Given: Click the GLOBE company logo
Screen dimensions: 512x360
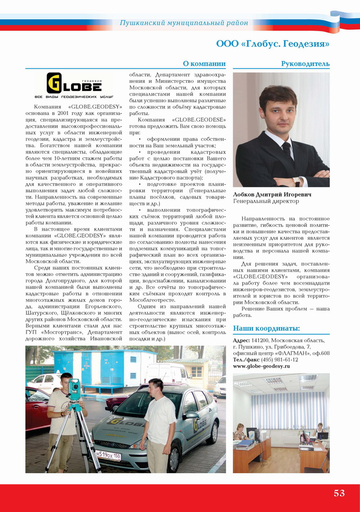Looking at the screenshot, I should point(75,86).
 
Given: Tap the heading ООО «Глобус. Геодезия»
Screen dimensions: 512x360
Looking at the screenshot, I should point(273,44).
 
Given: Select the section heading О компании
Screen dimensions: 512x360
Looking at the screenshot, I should point(204,64).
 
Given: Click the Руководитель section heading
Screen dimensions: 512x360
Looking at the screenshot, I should point(305,64).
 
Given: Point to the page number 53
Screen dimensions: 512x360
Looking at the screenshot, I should point(339,493).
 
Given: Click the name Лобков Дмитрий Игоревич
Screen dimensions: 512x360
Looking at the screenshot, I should point(272,195).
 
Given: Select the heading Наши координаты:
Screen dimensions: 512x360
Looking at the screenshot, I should point(266,328).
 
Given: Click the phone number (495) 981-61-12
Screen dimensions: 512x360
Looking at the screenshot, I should point(277,360).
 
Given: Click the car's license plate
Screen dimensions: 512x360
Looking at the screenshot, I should point(108,455).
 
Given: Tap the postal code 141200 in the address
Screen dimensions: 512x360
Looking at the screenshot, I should point(261,340).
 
